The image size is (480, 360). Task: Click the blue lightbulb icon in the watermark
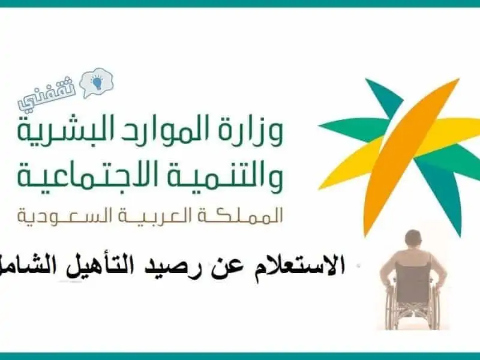tap(97, 82)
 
